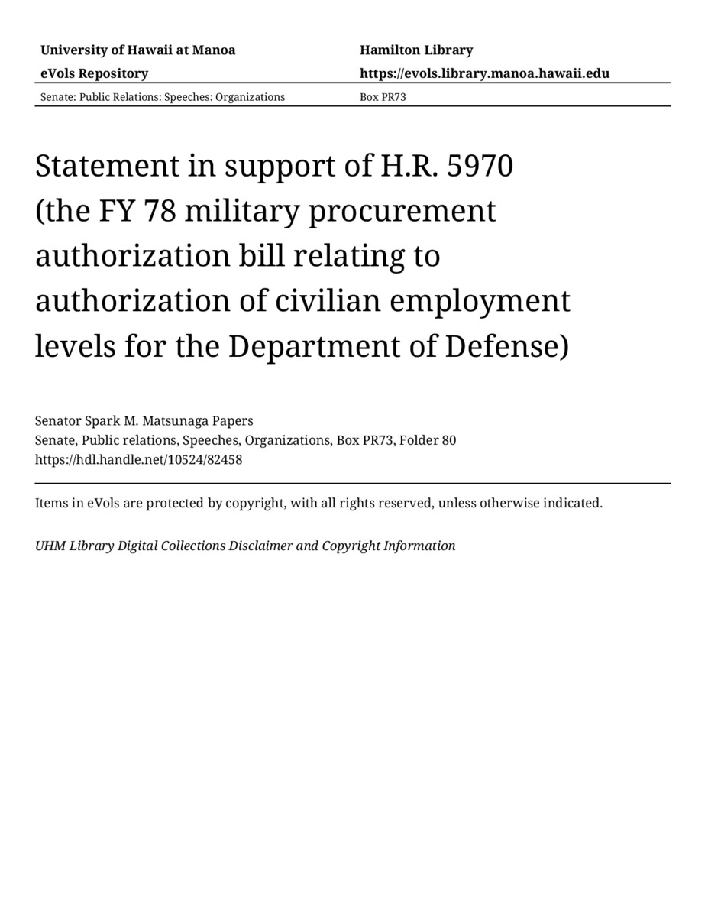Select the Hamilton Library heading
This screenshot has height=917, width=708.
click(416, 50)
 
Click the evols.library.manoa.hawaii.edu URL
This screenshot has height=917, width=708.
click(484, 73)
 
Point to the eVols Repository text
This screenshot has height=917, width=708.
click(94, 73)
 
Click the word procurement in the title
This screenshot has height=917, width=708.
click(402, 211)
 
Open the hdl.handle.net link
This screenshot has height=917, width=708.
click(138, 460)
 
